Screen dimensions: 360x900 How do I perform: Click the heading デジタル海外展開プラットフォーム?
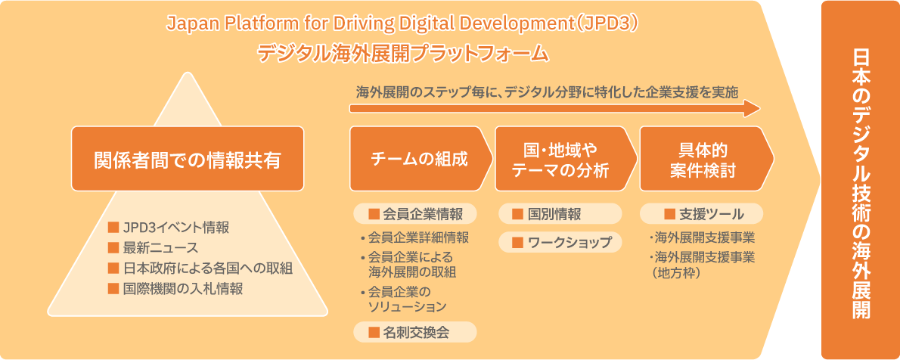click(x=402, y=54)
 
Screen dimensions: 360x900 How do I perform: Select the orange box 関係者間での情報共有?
click(x=188, y=159)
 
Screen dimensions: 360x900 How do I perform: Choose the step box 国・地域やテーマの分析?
click(x=561, y=159)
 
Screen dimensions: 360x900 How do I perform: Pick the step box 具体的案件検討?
click(x=703, y=159)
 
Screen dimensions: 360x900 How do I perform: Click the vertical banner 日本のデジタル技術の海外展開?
click(x=860, y=180)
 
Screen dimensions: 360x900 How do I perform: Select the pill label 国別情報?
click(x=554, y=214)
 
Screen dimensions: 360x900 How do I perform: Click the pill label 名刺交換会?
click(x=415, y=331)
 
